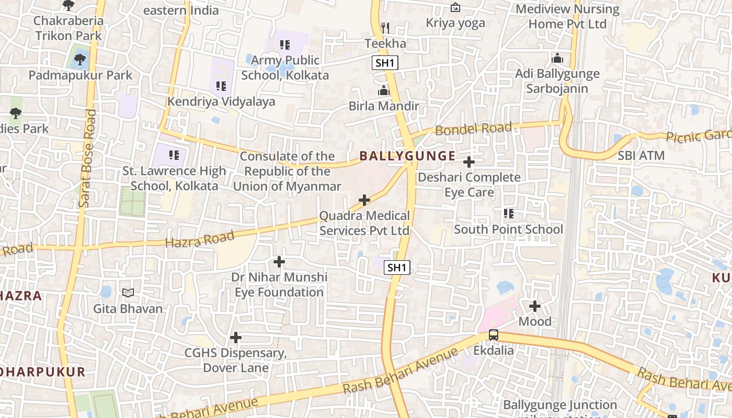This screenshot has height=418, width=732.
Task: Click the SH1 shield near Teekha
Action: click(x=385, y=63)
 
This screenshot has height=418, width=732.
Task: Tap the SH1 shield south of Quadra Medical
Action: click(x=397, y=268)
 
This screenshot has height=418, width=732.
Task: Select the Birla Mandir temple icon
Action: click(x=384, y=91)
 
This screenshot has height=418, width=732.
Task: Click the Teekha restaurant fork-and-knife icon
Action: click(x=385, y=28)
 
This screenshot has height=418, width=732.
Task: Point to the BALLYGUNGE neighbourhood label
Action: click(x=407, y=156)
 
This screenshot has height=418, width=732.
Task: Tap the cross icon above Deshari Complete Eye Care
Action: click(x=469, y=162)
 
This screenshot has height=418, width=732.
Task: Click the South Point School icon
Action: click(x=508, y=214)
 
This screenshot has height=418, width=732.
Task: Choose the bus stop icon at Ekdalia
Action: click(x=494, y=335)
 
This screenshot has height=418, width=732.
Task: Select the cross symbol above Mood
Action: click(x=535, y=306)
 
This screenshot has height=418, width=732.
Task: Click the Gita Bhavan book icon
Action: click(x=128, y=293)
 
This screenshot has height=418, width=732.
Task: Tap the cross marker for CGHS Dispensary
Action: click(x=236, y=338)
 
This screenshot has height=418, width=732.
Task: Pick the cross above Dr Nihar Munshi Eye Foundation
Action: click(x=279, y=261)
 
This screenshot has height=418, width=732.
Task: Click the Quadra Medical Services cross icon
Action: click(x=364, y=200)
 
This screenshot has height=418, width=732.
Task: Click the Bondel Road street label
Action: click(x=473, y=129)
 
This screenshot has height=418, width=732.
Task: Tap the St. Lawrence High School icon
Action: click(x=174, y=155)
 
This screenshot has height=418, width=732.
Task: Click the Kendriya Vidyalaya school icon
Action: click(x=221, y=86)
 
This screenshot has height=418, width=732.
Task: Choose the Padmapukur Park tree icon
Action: click(x=80, y=60)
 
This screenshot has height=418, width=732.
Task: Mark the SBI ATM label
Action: click(x=641, y=155)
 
